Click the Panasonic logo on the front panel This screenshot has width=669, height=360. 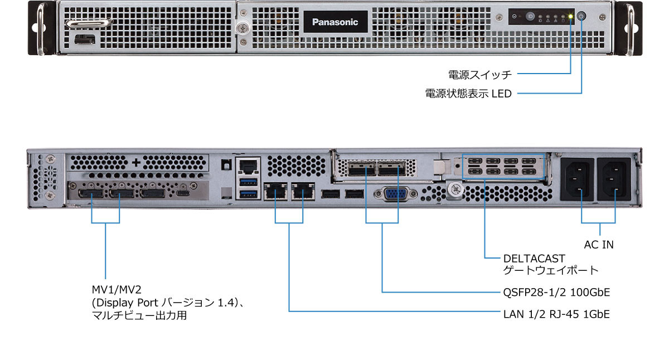click(335, 22)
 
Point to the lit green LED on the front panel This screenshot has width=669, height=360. click(570, 17)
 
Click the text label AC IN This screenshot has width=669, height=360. click(599, 244)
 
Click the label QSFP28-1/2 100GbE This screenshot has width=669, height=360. click(556, 292)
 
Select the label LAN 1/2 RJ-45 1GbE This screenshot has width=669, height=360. click(556, 314)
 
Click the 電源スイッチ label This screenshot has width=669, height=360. click(479, 74)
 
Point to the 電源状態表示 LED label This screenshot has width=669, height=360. click(468, 94)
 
